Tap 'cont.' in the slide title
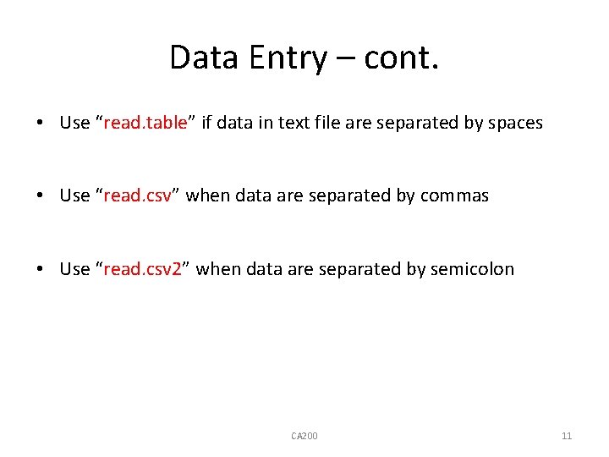click(402, 58)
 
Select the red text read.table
click(145, 123)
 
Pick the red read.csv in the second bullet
click(136, 195)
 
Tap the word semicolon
click(472, 269)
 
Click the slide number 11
click(567, 436)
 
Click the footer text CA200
click(304, 436)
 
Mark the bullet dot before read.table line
click(41, 124)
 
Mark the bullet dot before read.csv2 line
click(41, 270)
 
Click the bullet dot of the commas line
click(41, 196)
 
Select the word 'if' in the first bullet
click(206, 123)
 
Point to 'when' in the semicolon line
click(218, 269)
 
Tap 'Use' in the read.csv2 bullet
click(74, 269)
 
